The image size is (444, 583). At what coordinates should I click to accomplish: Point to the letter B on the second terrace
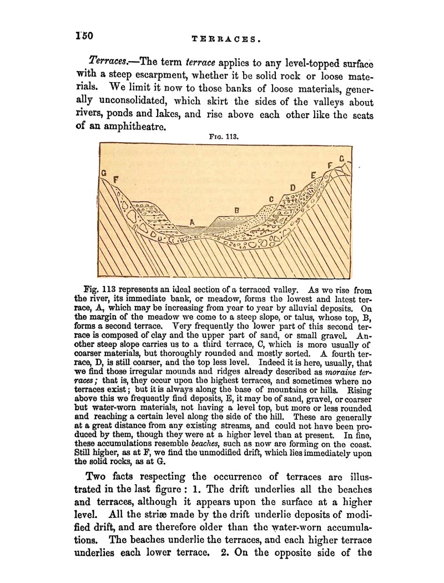tap(236, 210)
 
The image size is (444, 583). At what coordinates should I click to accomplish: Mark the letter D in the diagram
tap(292, 187)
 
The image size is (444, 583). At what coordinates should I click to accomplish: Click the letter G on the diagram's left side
tap(103, 173)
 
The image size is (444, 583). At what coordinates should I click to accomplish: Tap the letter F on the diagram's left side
tap(115, 179)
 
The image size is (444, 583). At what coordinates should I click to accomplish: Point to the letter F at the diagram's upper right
tap(330, 165)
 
